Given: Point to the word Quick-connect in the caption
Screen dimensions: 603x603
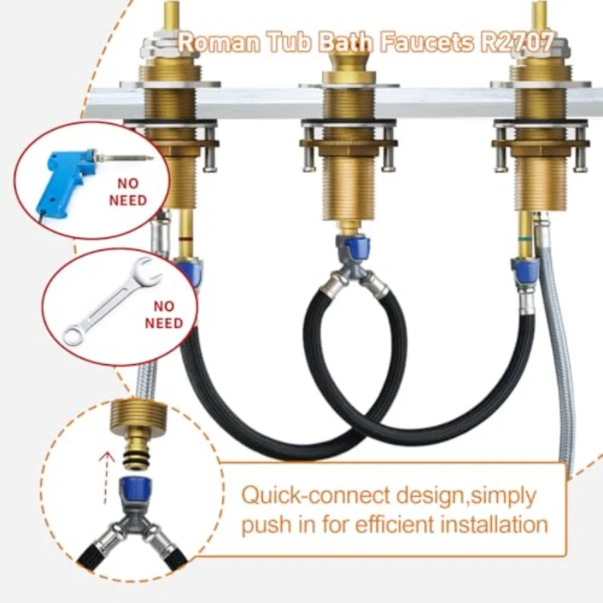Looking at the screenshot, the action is [316, 495].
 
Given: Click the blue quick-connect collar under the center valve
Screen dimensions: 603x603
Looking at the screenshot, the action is [353, 246].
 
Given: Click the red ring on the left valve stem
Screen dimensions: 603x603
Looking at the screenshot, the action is [186, 239].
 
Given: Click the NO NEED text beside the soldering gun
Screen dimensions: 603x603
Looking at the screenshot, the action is [128, 192].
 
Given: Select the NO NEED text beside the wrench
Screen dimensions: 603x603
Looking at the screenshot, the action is [164, 315].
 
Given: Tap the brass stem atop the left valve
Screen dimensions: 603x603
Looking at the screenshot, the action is [172, 15].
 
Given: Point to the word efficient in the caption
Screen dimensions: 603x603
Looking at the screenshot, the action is [395, 524].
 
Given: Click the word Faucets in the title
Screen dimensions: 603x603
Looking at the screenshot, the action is [427, 42].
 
